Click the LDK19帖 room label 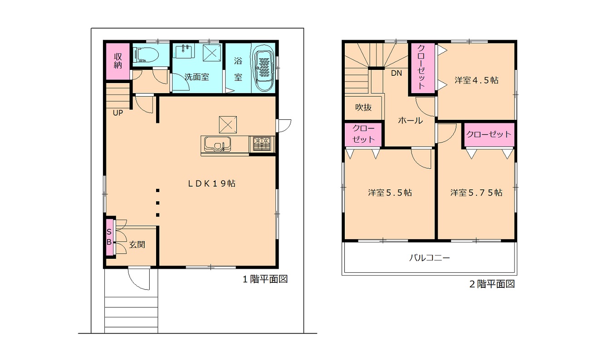click(211, 183)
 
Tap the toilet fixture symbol click(146, 54)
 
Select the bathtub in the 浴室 click(264, 67)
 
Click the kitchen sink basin click(217, 144)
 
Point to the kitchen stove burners click(261, 144)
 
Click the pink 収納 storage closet click(118, 61)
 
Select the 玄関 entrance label click(137, 245)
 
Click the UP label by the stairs click(118, 113)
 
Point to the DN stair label click(396, 73)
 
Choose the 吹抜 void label click(363, 107)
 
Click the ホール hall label click(410, 121)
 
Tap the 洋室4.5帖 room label click(476, 80)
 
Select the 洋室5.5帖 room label click(390, 192)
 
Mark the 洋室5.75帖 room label click(476, 192)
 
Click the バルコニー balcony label click(429, 257)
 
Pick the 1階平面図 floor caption click(265, 279)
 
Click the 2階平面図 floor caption click(492, 284)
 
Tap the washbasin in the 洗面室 click(183, 50)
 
